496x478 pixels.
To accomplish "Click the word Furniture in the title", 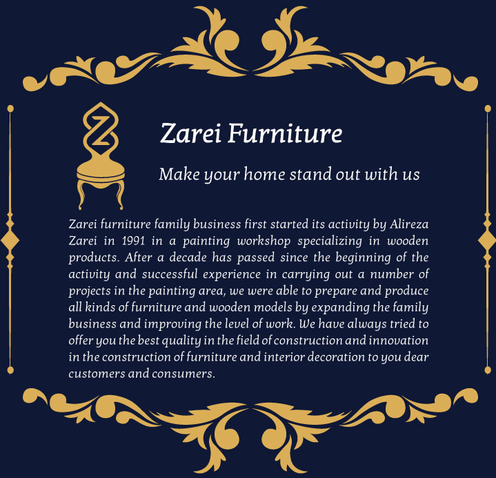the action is [x=285, y=133].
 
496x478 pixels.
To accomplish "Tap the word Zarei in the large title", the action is [x=190, y=133].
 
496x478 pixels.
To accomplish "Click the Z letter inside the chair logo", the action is [x=101, y=131].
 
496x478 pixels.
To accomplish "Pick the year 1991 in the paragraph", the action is [x=133, y=241].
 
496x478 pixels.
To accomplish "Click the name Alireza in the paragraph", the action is [x=409, y=224].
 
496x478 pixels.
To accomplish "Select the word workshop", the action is [x=264, y=241].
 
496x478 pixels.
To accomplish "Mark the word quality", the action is [x=181, y=341].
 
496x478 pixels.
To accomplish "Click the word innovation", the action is [x=399, y=341].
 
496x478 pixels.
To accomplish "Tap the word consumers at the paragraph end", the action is [x=183, y=374].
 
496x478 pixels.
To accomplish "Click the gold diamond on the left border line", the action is [x=10, y=241].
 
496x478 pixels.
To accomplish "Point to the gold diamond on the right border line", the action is [x=487, y=241].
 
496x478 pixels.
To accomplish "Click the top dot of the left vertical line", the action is [x=10, y=108].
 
